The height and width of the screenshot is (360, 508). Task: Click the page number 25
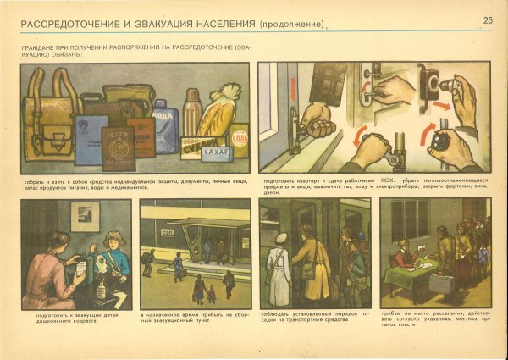tap(488, 20)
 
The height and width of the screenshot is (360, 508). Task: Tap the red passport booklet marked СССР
tap(118, 147)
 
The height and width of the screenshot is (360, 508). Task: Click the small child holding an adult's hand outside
tap(210, 293)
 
